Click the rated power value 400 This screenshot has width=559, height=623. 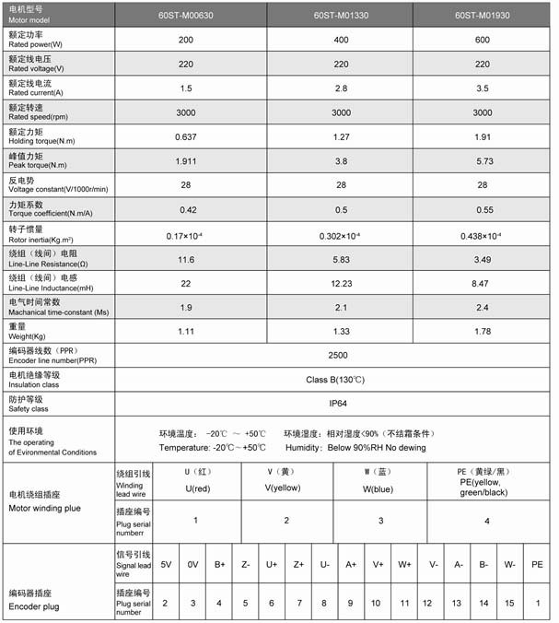tap(340, 41)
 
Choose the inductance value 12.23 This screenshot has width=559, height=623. tap(340, 286)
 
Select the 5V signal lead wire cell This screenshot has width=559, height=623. tap(166, 564)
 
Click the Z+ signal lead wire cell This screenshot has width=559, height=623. tap(298, 564)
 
